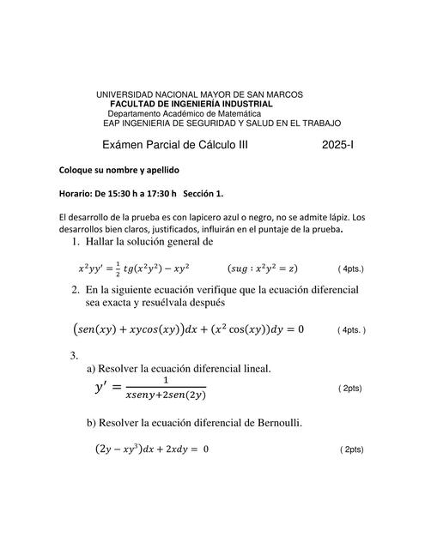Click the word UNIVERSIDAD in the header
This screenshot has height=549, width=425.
tap(125, 94)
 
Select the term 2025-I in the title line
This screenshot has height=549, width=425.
tap(337, 146)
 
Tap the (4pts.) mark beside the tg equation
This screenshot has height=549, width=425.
tap(351, 268)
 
